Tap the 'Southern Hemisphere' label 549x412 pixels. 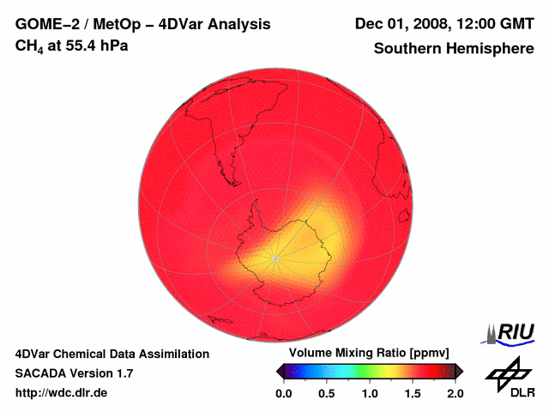point(453,49)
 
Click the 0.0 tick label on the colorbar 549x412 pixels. point(284,393)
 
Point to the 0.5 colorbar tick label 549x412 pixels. point(327,393)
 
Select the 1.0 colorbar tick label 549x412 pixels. point(370,393)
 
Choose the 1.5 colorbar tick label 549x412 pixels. point(413,393)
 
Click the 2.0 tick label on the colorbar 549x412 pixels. point(455,393)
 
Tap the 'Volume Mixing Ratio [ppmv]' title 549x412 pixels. point(370,354)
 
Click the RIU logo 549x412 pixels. point(511,331)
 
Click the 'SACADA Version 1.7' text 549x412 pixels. point(74,373)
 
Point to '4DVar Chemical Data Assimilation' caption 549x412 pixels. point(112,354)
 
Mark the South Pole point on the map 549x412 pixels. point(274,258)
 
